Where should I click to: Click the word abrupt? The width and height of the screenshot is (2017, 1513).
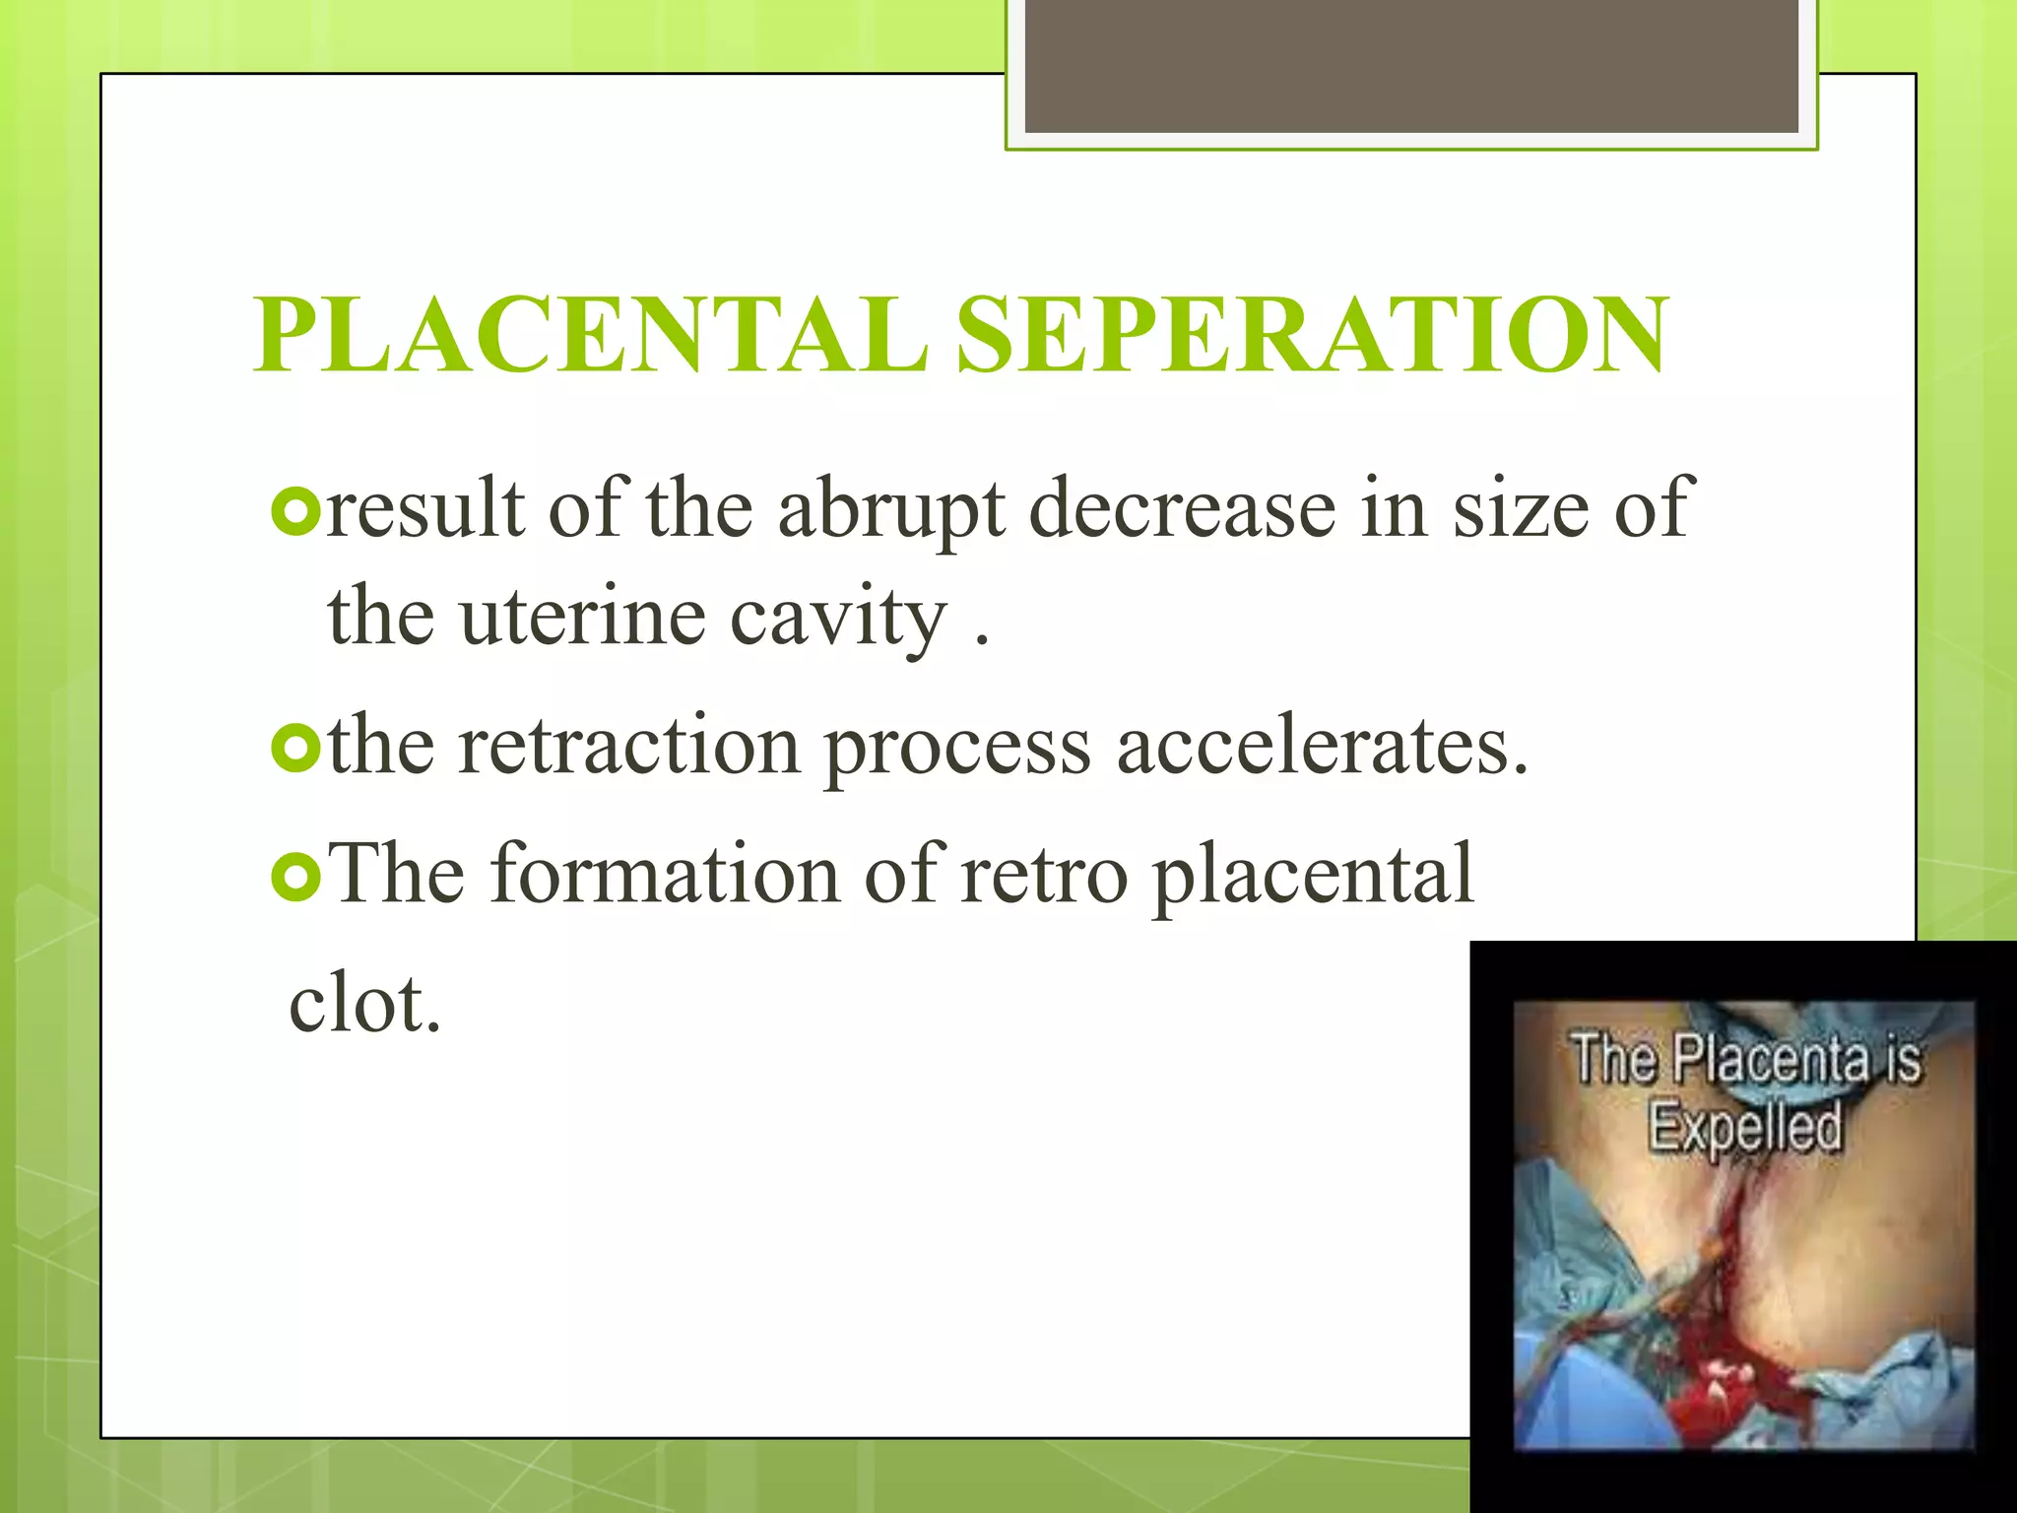(x=891, y=510)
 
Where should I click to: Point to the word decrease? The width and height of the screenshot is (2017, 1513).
(x=1182, y=508)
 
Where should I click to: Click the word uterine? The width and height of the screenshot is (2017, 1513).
(x=582, y=619)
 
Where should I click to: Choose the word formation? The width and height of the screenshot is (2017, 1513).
(x=666, y=875)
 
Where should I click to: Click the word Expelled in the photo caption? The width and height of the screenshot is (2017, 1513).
(x=1745, y=1127)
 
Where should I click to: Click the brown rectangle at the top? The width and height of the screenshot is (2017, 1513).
(x=1411, y=67)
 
